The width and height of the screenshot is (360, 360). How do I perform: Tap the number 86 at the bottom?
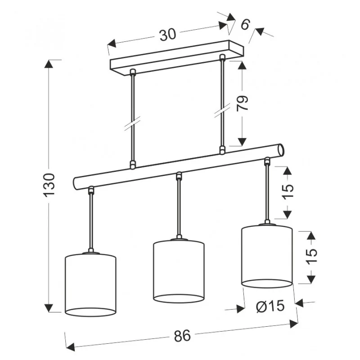pos(183,336)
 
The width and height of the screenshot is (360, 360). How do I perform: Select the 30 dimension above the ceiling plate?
pos(168,35)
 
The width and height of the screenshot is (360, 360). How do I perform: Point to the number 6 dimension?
pos(245,24)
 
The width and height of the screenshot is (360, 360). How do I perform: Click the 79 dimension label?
pos(243,103)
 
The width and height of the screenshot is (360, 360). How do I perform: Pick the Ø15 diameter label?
pos(270,306)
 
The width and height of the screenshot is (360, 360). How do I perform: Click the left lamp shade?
pos(91,285)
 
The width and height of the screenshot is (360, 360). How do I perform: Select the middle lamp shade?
pos(179,271)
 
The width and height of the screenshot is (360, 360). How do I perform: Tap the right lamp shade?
pos(267,256)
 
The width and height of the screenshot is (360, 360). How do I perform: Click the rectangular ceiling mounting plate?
pos(177,58)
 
